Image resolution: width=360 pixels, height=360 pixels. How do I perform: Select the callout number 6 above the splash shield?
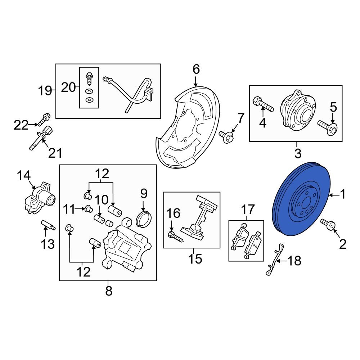tap(196, 69)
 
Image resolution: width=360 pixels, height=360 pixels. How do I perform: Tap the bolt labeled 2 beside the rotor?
tap(328, 224)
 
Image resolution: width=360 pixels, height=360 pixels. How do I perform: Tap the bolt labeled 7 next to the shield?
tap(226, 137)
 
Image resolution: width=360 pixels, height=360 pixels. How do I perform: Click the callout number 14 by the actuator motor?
tap(24, 176)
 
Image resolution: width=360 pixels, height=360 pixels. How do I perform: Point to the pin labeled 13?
tap(48, 225)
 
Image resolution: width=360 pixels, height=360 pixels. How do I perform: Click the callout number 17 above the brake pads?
tap(248, 209)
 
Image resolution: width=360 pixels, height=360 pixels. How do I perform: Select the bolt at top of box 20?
tap(89, 78)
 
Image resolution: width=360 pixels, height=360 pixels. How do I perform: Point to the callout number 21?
tap(55, 153)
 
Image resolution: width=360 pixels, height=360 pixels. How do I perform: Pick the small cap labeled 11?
tap(89, 209)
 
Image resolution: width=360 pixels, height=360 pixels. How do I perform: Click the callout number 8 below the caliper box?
tap(108, 291)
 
